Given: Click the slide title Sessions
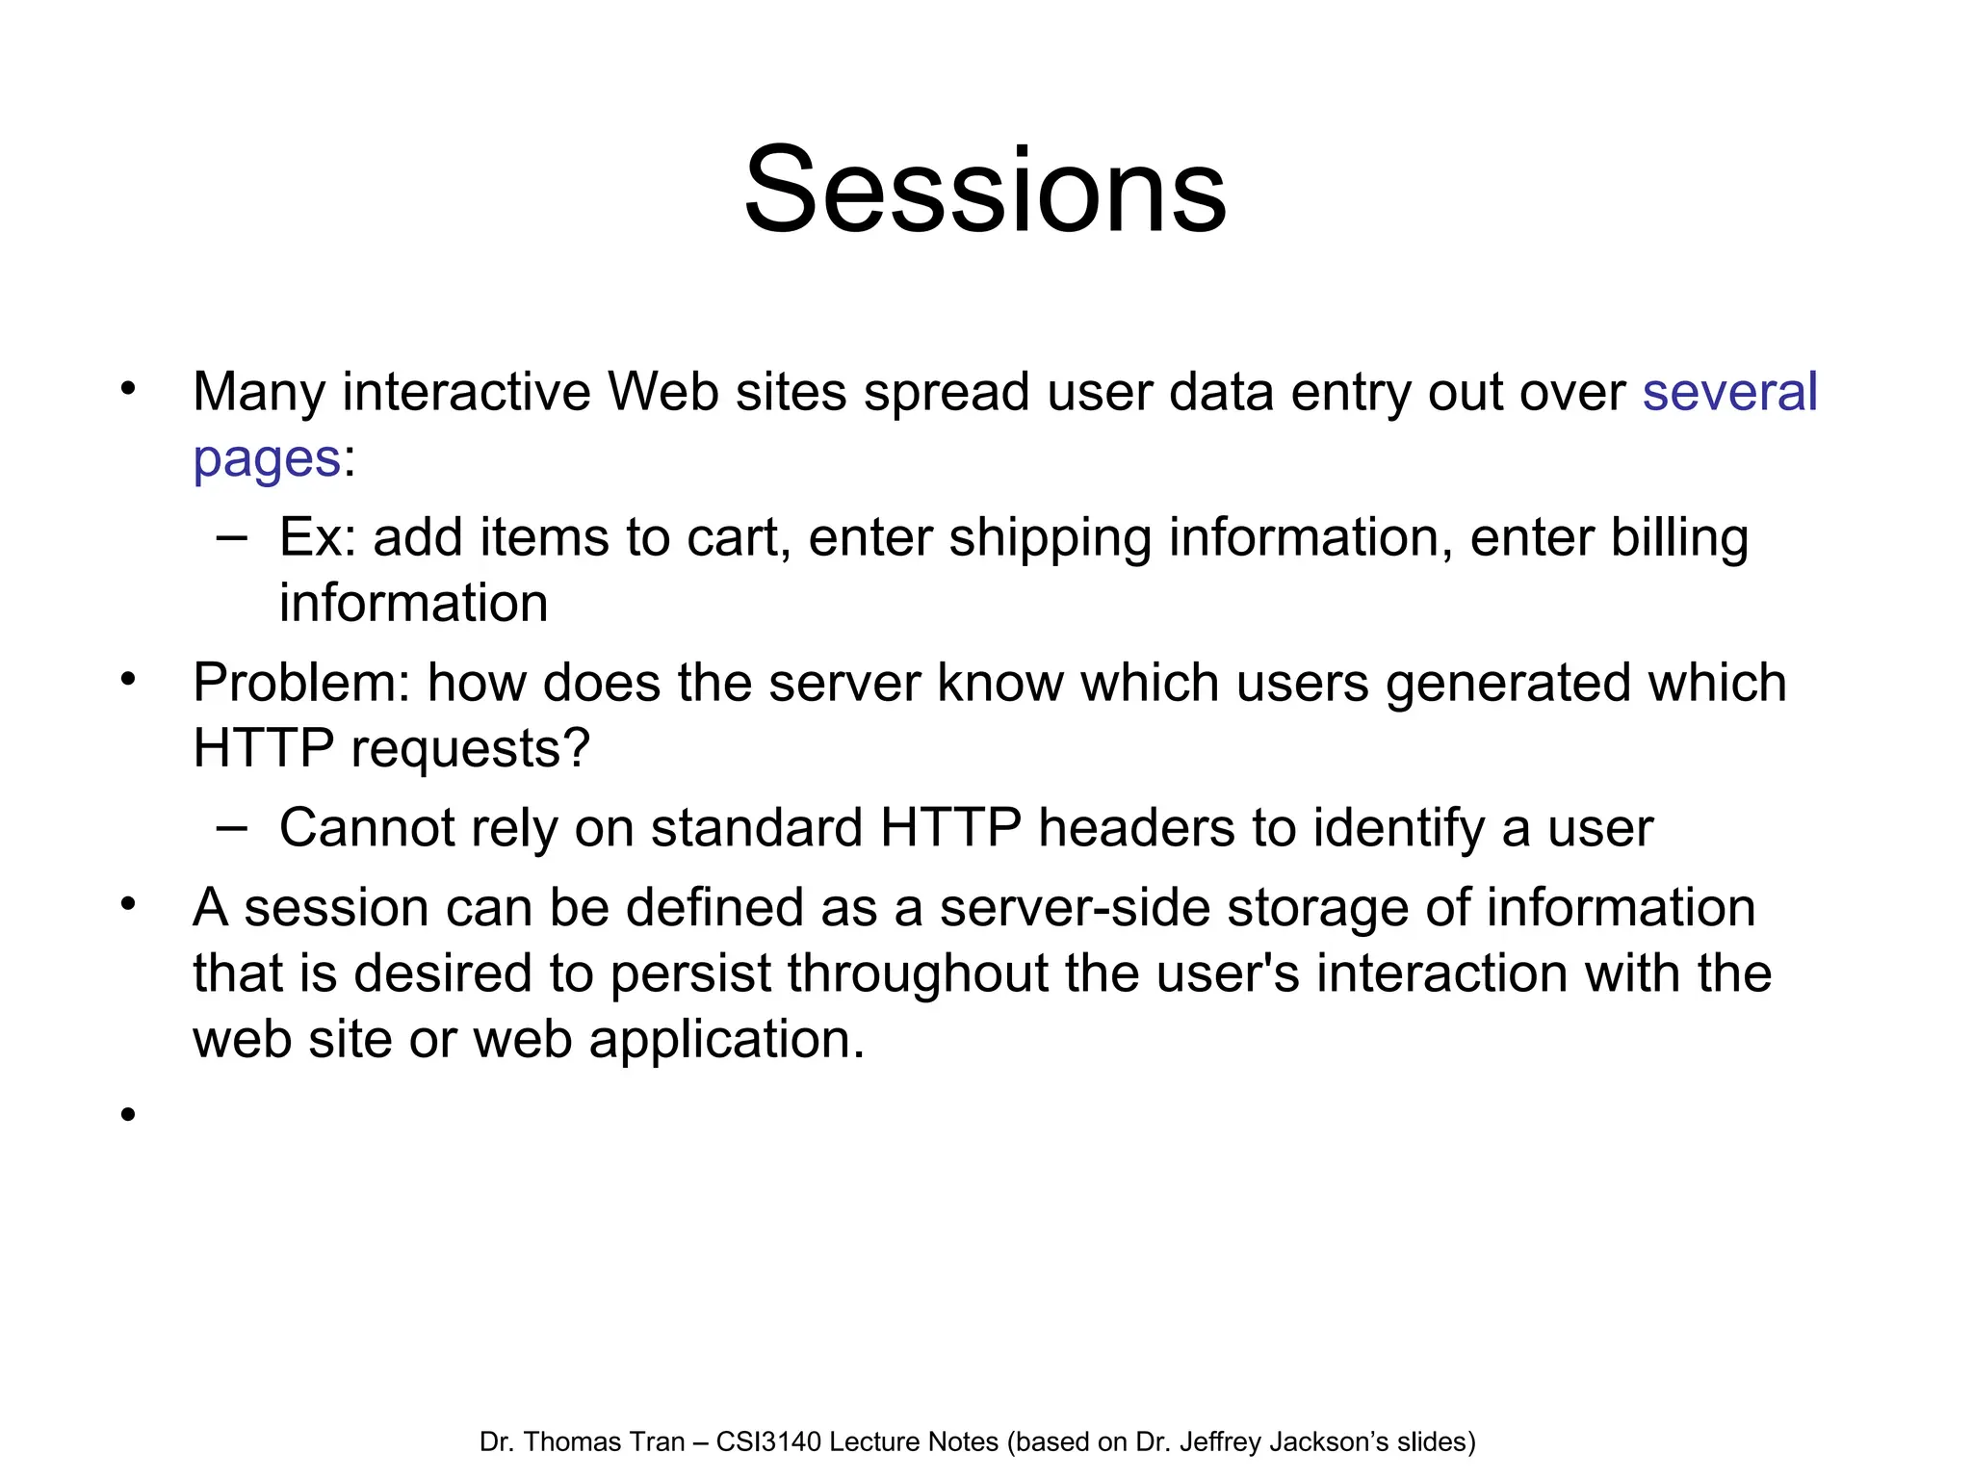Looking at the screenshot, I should tap(985, 190).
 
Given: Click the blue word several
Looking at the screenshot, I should tap(1729, 392).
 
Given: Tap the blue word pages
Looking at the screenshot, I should tap(267, 459).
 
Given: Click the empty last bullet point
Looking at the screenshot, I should tap(128, 1115).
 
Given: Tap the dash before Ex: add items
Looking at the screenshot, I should tap(231, 537).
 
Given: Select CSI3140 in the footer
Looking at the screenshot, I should tap(768, 1442).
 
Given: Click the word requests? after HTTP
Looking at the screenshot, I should tap(471, 750).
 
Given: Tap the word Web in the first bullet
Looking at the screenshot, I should tap(662, 392).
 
